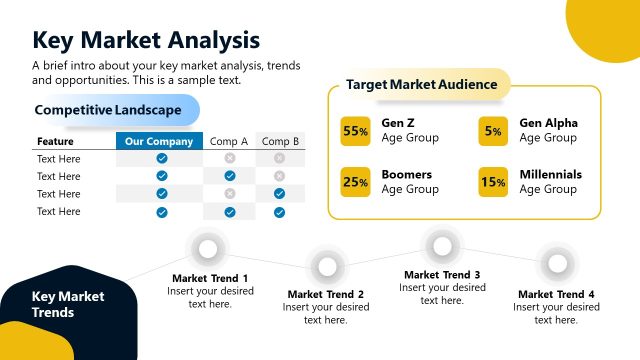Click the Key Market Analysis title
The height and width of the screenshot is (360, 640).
pos(146,39)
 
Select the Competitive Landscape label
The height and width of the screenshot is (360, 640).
pos(108,109)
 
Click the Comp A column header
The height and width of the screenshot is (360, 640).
pos(229,141)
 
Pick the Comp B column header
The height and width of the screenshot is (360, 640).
pos(280,141)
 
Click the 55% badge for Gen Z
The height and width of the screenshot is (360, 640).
pos(356,131)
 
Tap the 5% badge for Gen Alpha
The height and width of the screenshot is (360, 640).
pos(493,131)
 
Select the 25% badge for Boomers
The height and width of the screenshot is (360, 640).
pos(356,182)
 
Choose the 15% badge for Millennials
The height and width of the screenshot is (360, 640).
pos(493,182)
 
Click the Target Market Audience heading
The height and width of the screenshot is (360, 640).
pos(421,85)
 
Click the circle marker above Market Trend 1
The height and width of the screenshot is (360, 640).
pos(209,248)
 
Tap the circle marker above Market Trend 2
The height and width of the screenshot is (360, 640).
pos(326,265)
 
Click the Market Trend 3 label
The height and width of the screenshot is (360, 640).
pos(442,274)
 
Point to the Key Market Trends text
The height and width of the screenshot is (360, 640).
pos(67,304)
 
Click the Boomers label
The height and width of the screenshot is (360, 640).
pos(407,174)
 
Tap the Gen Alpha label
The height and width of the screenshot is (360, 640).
pos(549,123)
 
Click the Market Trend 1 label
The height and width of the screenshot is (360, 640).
pos(210,278)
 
